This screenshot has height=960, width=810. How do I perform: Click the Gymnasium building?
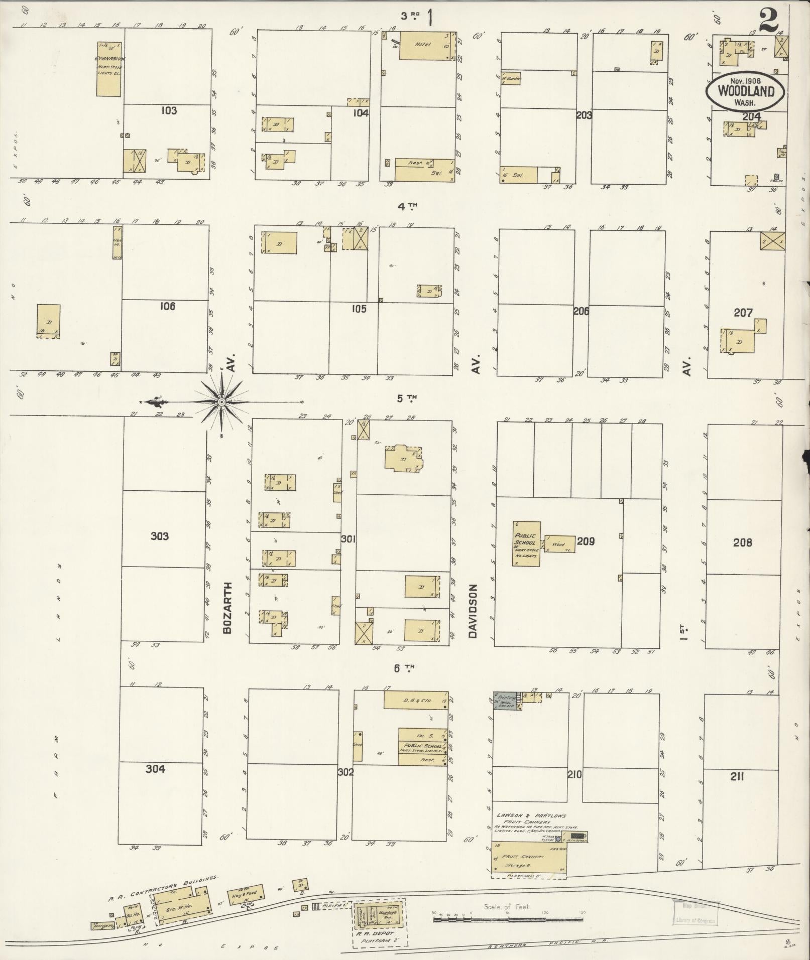(109, 69)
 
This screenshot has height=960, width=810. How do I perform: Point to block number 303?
(160, 536)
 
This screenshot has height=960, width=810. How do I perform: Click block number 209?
(586, 541)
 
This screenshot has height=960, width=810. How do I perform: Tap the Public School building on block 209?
(526, 543)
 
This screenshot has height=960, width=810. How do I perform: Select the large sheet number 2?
(768, 22)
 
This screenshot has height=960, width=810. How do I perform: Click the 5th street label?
(407, 398)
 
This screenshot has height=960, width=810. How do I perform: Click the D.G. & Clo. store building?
(415, 700)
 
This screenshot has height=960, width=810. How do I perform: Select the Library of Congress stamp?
(695, 913)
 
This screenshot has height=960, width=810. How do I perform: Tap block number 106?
(167, 306)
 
